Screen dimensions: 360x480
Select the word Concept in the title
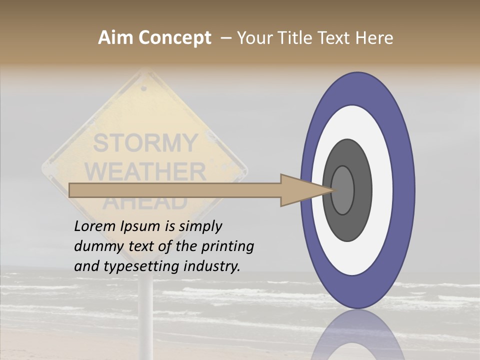click(174, 38)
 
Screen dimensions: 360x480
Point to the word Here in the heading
click(374, 38)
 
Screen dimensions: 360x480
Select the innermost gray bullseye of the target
click(342, 190)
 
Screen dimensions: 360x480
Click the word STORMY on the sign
click(145, 143)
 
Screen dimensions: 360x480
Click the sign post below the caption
click(145, 310)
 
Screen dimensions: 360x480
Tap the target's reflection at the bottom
click(358, 337)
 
